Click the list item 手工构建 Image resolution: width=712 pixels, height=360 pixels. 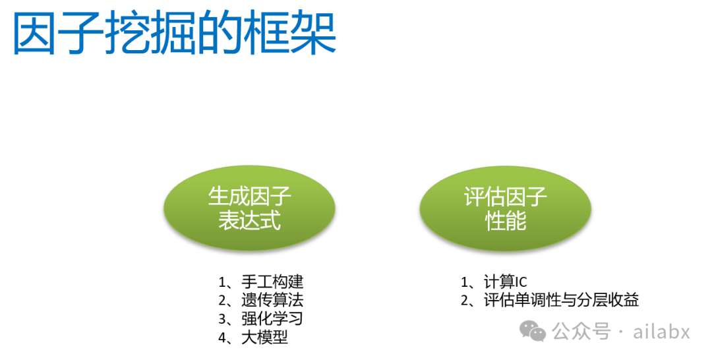click(x=272, y=282)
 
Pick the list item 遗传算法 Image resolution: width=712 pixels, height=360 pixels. click(x=272, y=301)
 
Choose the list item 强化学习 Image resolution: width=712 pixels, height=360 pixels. click(x=272, y=319)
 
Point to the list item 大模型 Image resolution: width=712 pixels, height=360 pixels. click(x=264, y=338)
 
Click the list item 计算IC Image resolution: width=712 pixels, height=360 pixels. click(x=505, y=282)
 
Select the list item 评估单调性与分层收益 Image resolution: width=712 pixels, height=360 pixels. click(x=561, y=301)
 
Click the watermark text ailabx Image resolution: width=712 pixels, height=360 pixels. click(x=661, y=331)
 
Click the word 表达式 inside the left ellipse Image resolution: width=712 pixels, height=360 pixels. click(x=249, y=221)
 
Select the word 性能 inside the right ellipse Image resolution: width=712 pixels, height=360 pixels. click(x=506, y=221)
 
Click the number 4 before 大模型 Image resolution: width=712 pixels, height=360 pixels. click(x=222, y=338)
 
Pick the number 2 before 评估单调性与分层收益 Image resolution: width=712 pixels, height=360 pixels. click(x=464, y=301)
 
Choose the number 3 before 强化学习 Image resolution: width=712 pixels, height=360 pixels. click(x=222, y=319)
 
